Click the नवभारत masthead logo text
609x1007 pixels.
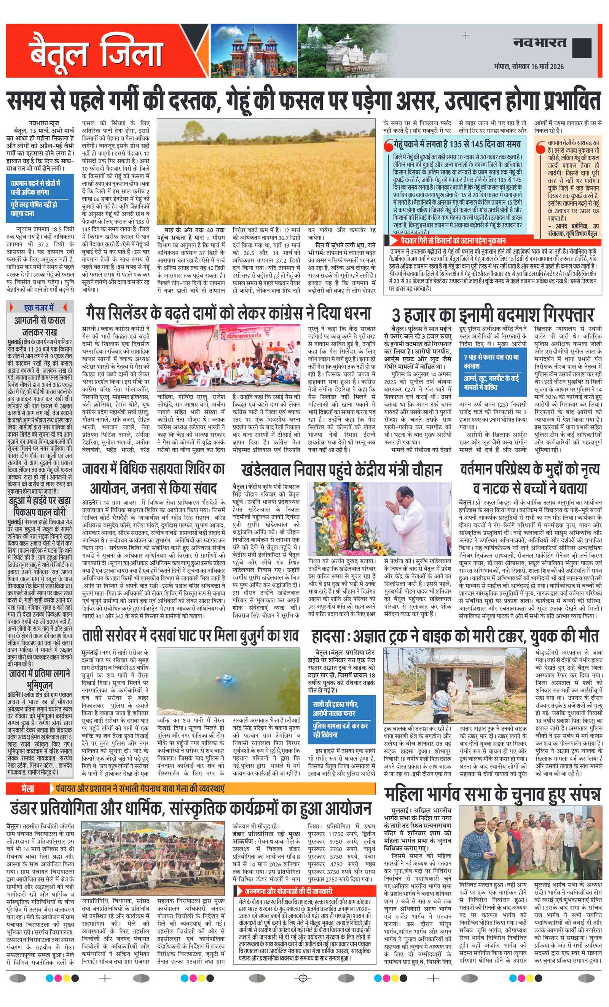coord(540,43)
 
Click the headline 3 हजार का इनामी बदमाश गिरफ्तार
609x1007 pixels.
coord(493,315)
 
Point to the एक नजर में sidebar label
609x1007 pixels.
coord(39,308)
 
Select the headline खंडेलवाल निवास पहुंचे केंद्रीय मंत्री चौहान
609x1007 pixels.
coord(341,470)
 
